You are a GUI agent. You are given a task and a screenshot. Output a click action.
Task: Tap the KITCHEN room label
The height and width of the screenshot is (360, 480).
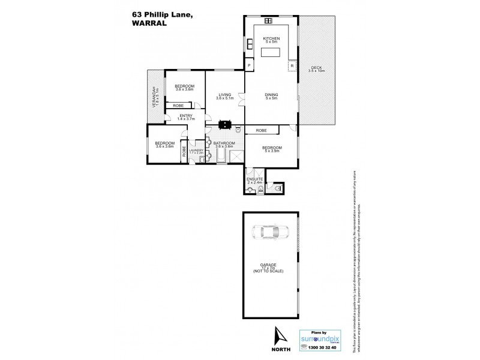(272, 39)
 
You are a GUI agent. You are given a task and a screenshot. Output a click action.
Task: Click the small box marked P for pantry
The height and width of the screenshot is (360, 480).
(249, 65)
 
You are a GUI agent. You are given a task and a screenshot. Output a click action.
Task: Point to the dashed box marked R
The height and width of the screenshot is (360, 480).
(292, 65)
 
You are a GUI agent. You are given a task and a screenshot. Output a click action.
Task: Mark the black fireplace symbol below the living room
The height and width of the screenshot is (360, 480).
(225, 125)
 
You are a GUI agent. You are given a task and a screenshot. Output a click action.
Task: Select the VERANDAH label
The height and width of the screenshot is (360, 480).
(154, 97)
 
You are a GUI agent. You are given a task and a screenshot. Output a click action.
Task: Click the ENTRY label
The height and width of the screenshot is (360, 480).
(185, 116)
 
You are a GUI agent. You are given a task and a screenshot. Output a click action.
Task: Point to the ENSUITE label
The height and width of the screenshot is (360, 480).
(254, 179)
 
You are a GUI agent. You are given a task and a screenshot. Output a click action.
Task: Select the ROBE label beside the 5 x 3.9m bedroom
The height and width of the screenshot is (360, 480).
(261, 130)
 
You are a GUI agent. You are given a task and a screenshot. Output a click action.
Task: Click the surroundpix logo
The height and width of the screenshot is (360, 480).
(320, 337)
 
